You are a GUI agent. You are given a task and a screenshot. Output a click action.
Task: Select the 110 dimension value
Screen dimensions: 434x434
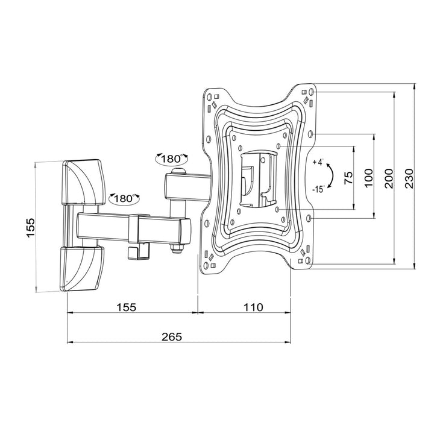point(253,307)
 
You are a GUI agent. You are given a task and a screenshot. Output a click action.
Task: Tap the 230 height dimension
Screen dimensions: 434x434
point(409,178)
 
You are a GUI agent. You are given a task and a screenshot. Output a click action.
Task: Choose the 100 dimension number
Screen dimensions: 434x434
point(369,178)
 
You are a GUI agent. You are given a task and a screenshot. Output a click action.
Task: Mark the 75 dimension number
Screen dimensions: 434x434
point(348,178)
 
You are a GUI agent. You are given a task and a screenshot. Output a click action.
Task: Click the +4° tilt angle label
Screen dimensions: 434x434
point(318,163)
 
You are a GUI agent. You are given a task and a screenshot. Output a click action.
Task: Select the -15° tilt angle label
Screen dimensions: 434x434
point(318,189)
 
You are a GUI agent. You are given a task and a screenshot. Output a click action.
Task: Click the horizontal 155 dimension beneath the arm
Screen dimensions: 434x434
point(127,307)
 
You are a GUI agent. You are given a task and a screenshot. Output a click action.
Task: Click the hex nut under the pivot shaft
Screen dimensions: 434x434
point(177,249)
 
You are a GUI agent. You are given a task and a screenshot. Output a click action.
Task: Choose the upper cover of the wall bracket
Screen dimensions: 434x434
point(83,180)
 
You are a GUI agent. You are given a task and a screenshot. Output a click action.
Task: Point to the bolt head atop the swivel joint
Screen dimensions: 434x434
point(176,172)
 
